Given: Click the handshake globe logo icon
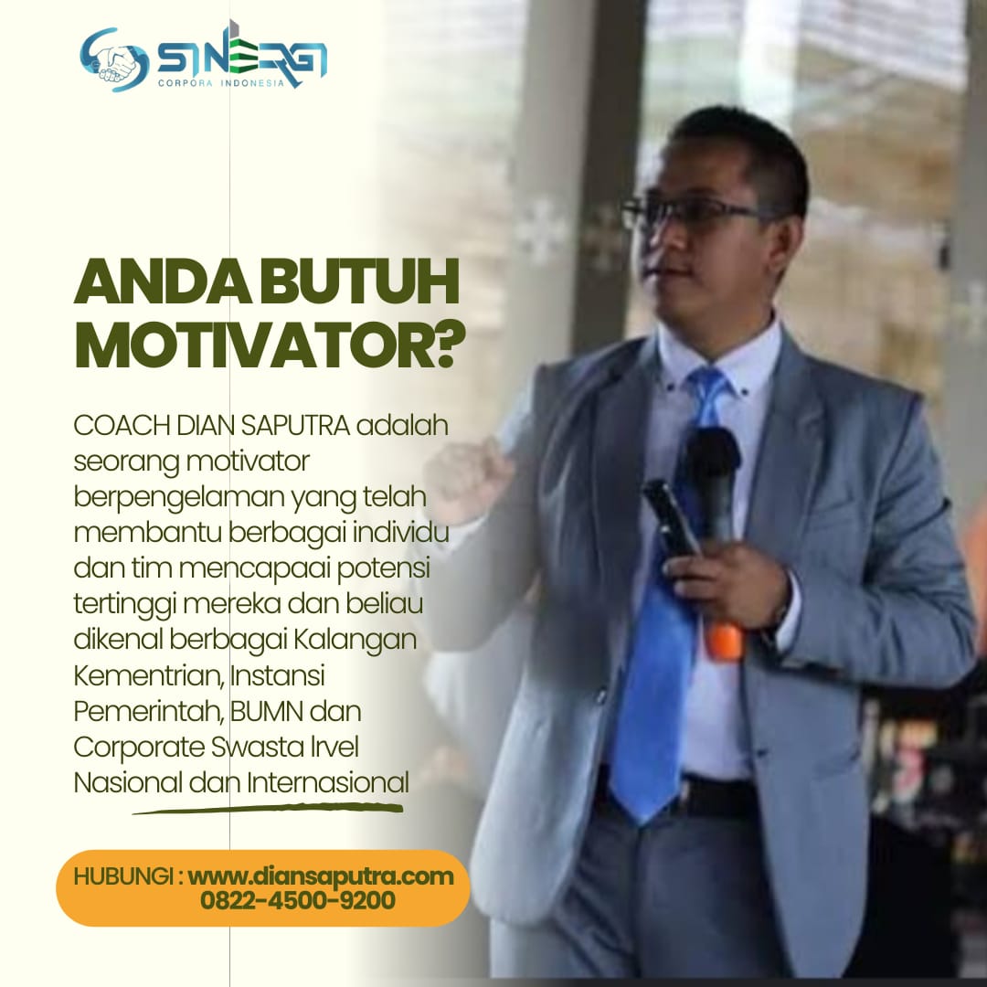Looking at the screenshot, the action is click(114, 59).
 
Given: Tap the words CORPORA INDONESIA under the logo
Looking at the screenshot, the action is click(221, 83).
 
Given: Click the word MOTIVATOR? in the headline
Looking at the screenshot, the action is click(270, 346).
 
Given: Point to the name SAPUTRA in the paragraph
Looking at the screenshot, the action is click(295, 426).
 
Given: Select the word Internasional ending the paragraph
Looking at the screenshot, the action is click(328, 782).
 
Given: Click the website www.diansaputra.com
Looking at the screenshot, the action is click(321, 876).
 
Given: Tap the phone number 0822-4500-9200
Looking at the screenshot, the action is click(298, 900).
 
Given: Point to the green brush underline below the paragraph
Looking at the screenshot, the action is click(268, 808).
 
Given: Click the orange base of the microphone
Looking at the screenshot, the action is click(724, 642).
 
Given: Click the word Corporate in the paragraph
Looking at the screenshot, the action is click(139, 748).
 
